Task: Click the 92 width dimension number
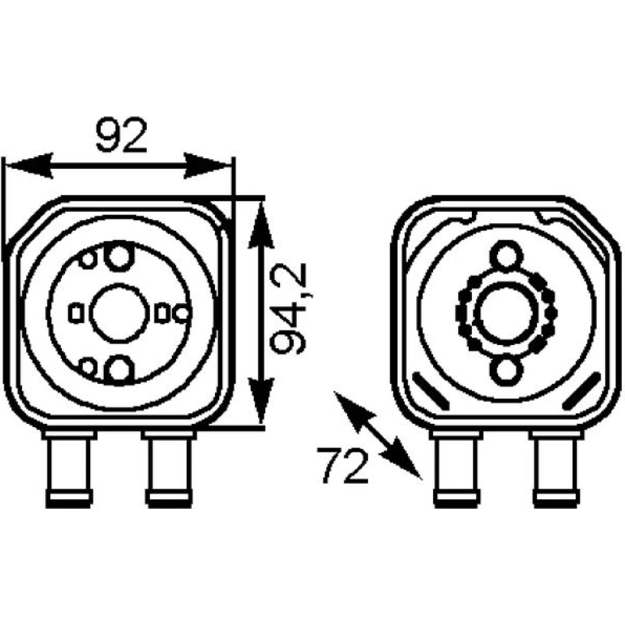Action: pos(122,135)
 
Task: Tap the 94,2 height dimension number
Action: pos(289,309)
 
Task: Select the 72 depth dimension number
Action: pos(342,465)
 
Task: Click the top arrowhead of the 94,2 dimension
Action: pos(261,226)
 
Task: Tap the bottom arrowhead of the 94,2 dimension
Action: pos(261,400)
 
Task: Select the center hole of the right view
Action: pos(506,312)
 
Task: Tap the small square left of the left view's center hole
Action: pos(76,313)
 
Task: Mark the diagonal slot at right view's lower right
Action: pos(581,391)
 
